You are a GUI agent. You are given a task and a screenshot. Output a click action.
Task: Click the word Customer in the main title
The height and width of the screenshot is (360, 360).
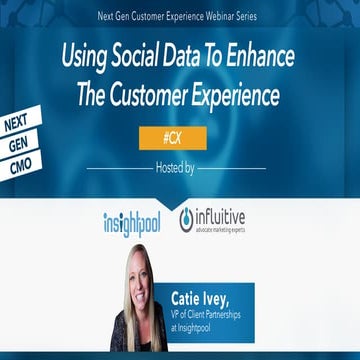pos(173,96)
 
